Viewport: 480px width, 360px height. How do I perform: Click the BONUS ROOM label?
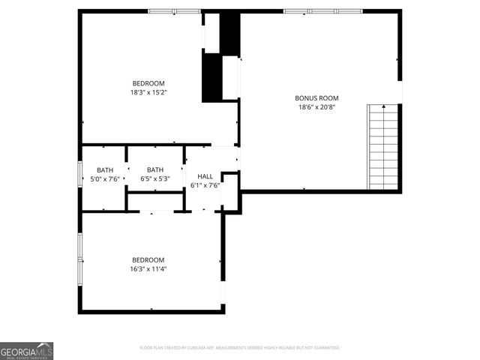point(316,97)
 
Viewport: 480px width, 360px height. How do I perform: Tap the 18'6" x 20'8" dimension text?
point(316,107)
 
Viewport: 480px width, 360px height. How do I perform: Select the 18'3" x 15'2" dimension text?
point(148,93)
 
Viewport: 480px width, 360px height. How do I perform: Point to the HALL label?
point(205,176)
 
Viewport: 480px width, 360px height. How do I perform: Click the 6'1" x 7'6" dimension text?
point(205,185)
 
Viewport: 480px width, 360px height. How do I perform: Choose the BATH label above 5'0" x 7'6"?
point(104,169)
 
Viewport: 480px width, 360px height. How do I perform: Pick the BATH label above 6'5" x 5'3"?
point(155,169)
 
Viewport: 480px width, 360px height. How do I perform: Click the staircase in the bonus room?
point(382,147)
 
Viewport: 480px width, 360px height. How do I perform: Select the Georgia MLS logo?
point(27,350)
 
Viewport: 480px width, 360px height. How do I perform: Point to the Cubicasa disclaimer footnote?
point(240,348)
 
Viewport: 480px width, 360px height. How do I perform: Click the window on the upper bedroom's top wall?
point(174,11)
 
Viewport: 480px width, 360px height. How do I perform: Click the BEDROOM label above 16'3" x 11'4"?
point(148,259)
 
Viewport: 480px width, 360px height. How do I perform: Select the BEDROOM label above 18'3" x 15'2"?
point(148,83)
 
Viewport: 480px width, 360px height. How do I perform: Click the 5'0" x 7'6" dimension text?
point(104,178)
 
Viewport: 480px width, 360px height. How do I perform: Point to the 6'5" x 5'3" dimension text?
point(155,178)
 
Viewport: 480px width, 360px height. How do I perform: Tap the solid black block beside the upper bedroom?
point(213,76)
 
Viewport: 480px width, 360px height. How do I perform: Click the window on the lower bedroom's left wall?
point(79,259)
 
